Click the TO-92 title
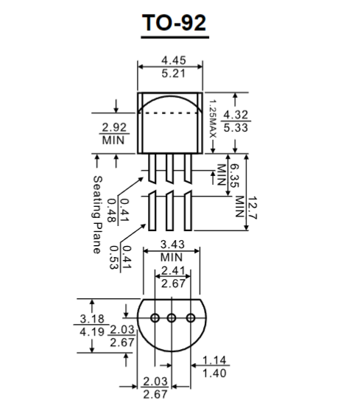pyautogui.click(x=174, y=23)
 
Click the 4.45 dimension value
pyautogui.click(x=174, y=60)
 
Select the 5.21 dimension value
pyautogui.click(x=174, y=74)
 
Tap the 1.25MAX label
pyautogui.click(x=213, y=119)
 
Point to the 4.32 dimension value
pyautogui.click(x=236, y=114)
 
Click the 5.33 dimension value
pyautogui.click(x=236, y=127)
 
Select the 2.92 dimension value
pyautogui.click(x=114, y=127)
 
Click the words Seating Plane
pyautogui.click(x=98, y=214)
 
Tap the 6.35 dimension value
pyautogui.click(x=234, y=176)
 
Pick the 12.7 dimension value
pyautogui.click(x=252, y=208)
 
